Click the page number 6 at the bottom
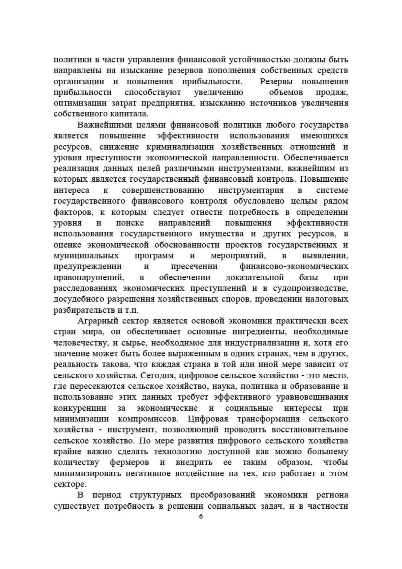pyautogui.click(x=201, y=516)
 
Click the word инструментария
pyautogui.click(x=251, y=190)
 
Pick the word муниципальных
pyautogui.click(x=86, y=256)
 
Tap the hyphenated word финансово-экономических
pyautogui.click(x=294, y=266)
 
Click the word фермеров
pyautogui.click(x=129, y=463)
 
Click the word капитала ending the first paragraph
pyautogui.click(x=129, y=114)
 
